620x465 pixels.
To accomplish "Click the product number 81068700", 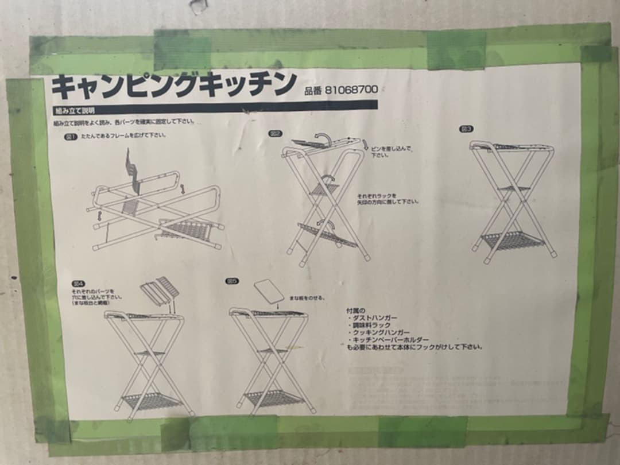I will pos(351,90).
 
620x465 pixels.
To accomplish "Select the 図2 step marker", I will pos(276,134).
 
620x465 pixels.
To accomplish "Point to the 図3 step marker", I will pos(466,129).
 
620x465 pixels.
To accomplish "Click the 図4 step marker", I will pos(78,284).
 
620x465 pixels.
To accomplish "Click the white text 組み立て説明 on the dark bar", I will pos(75,109).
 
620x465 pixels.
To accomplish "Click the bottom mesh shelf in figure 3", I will pos(513,240).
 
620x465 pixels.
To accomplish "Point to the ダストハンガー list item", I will pos(374,317).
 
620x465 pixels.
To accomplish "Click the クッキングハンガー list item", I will pos(381,332).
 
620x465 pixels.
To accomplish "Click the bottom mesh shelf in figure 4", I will pos(151,400).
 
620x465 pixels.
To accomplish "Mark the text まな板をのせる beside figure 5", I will pos(307,298).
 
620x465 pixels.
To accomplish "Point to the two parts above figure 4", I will pos(160,290).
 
